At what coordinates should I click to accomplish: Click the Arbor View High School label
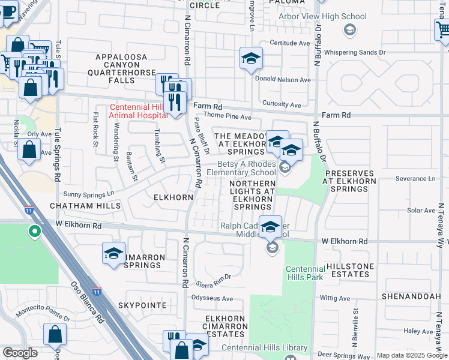pos(322,16)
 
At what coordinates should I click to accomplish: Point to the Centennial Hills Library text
pos(264,347)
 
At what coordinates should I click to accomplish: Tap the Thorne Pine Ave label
pos(228,117)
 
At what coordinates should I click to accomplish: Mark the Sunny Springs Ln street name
pos(89,194)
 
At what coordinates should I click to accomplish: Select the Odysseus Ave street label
pos(211,298)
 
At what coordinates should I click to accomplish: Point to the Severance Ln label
pos(415,179)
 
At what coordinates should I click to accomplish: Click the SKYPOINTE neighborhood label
pos(142,305)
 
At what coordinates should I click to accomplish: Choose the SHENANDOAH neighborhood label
pos(412,296)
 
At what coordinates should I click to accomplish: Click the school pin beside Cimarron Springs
pos(113,253)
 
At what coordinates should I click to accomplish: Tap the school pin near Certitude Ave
pos(251,58)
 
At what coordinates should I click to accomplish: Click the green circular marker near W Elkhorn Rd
pos(35,230)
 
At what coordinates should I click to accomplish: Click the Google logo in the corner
pos(20,353)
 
